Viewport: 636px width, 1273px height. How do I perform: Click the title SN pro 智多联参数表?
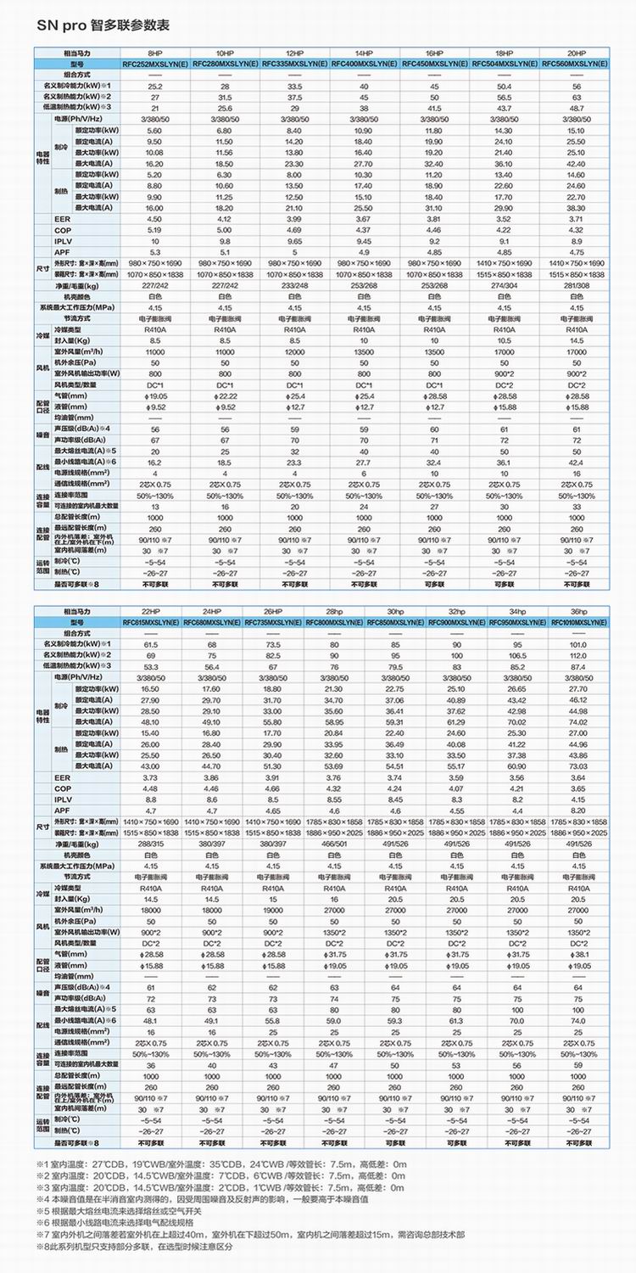[103, 25]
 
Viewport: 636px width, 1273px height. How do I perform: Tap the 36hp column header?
[579, 612]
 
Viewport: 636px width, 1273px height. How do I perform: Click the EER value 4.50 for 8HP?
[154, 219]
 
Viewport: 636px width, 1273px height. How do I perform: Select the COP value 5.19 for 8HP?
[154, 230]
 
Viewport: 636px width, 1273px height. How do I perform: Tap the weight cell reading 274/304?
[505, 286]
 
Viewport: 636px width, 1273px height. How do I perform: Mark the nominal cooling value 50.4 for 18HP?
[505, 87]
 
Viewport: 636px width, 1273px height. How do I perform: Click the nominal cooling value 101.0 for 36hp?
[579, 645]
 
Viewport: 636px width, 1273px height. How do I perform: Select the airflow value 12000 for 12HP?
[294, 350]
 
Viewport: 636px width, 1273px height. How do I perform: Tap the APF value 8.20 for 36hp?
[579, 810]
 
